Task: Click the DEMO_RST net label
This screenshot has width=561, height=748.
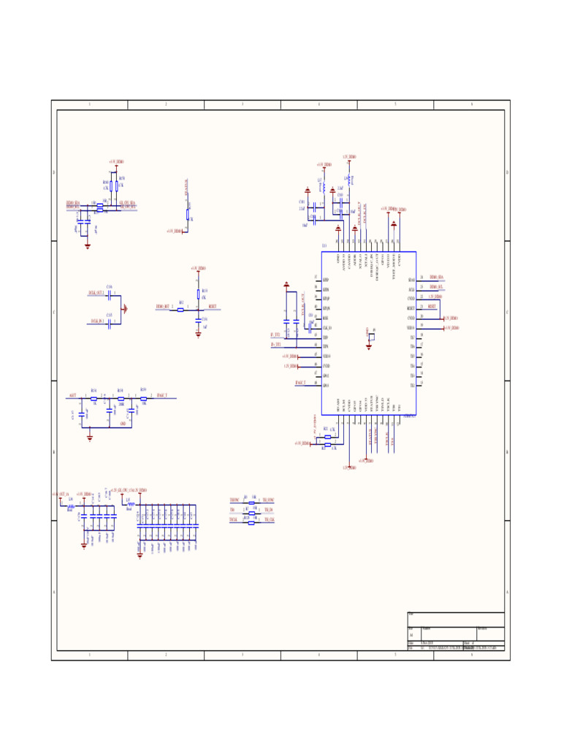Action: point(162,306)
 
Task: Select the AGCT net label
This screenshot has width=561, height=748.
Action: point(72,395)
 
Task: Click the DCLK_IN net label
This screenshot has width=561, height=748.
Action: point(96,321)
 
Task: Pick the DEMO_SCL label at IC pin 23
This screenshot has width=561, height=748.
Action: point(437,289)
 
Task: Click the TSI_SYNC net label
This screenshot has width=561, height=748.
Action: point(269,500)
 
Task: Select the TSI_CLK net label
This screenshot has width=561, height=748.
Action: point(269,519)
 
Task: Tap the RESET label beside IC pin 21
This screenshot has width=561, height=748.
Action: point(432,308)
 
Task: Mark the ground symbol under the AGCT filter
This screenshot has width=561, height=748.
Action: point(90,438)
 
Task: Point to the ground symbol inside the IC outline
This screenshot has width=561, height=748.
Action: point(369,346)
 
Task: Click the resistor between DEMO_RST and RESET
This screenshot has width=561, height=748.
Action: point(180,310)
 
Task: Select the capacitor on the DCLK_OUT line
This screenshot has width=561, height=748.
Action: point(110,296)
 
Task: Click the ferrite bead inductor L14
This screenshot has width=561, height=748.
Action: point(71,505)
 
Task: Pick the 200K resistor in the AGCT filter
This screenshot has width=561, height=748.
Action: point(121,399)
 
